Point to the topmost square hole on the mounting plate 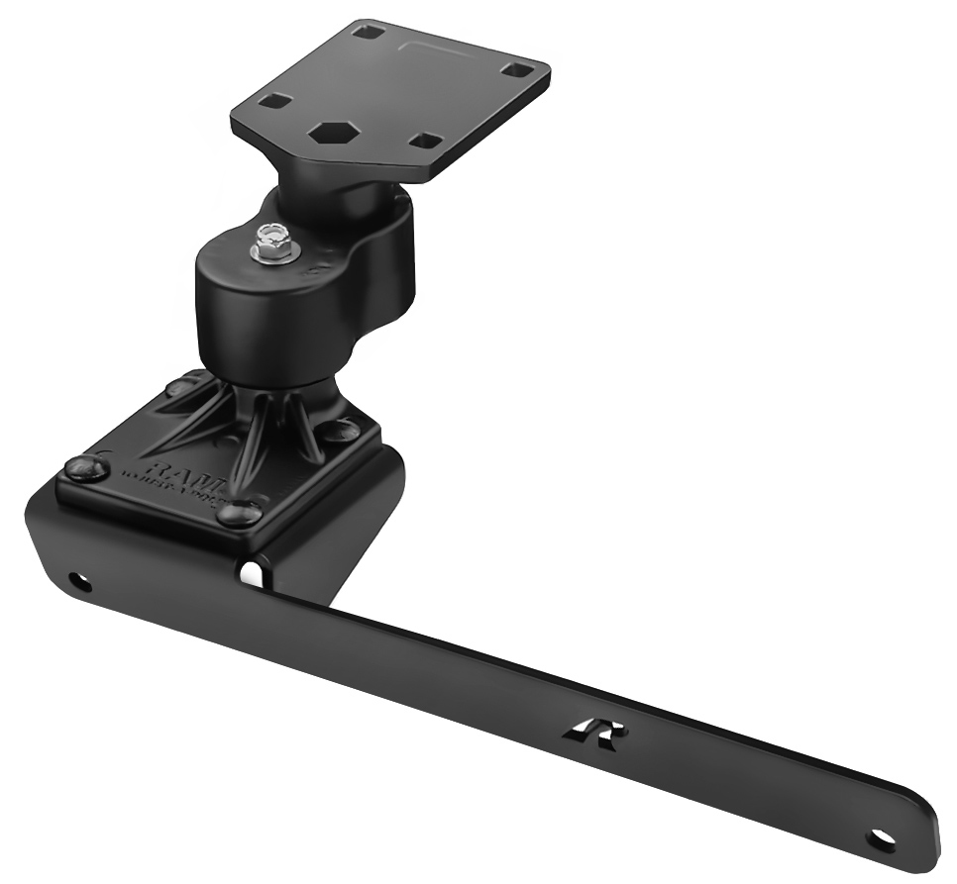tap(368, 31)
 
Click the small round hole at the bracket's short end tap(77, 581)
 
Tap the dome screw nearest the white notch tap(238, 513)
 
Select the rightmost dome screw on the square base tap(340, 429)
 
